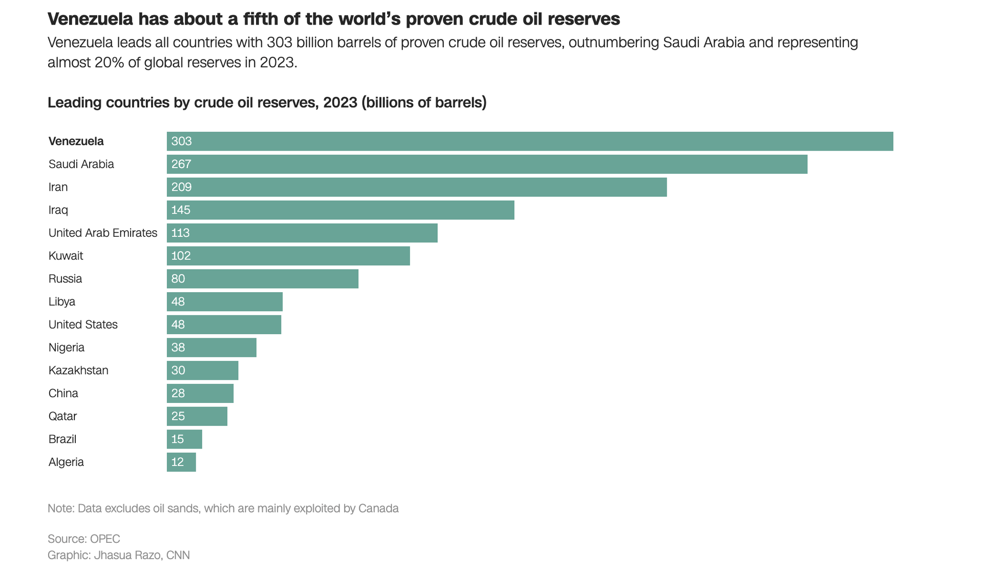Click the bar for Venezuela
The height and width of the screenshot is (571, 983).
(x=530, y=141)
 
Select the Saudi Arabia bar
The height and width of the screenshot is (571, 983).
(x=487, y=165)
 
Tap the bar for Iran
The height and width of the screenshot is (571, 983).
(x=417, y=187)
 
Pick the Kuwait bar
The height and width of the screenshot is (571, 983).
(x=288, y=256)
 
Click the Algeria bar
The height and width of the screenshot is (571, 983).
(x=181, y=462)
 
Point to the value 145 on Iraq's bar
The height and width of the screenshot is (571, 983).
(x=181, y=210)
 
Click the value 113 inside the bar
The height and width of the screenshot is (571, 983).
(x=180, y=233)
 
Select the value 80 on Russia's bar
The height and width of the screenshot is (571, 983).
(x=178, y=279)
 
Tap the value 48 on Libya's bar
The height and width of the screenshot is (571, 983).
(x=178, y=302)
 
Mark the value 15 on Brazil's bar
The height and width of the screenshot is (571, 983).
(x=178, y=439)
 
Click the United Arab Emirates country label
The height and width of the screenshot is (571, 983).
(x=103, y=233)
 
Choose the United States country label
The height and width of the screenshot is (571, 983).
(x=83, y=324)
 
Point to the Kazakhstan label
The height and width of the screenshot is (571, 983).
(x=78, y=371)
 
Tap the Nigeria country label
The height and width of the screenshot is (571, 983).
(x=67, y=348)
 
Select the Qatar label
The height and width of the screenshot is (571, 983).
(x=62, y=416)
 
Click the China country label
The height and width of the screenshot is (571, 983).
(x=63, y=393)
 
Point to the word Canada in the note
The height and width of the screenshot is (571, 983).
(x=378, y=508)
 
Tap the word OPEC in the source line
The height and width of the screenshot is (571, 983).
(x=105, y=539)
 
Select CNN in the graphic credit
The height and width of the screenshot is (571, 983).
(x=178, y=555)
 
